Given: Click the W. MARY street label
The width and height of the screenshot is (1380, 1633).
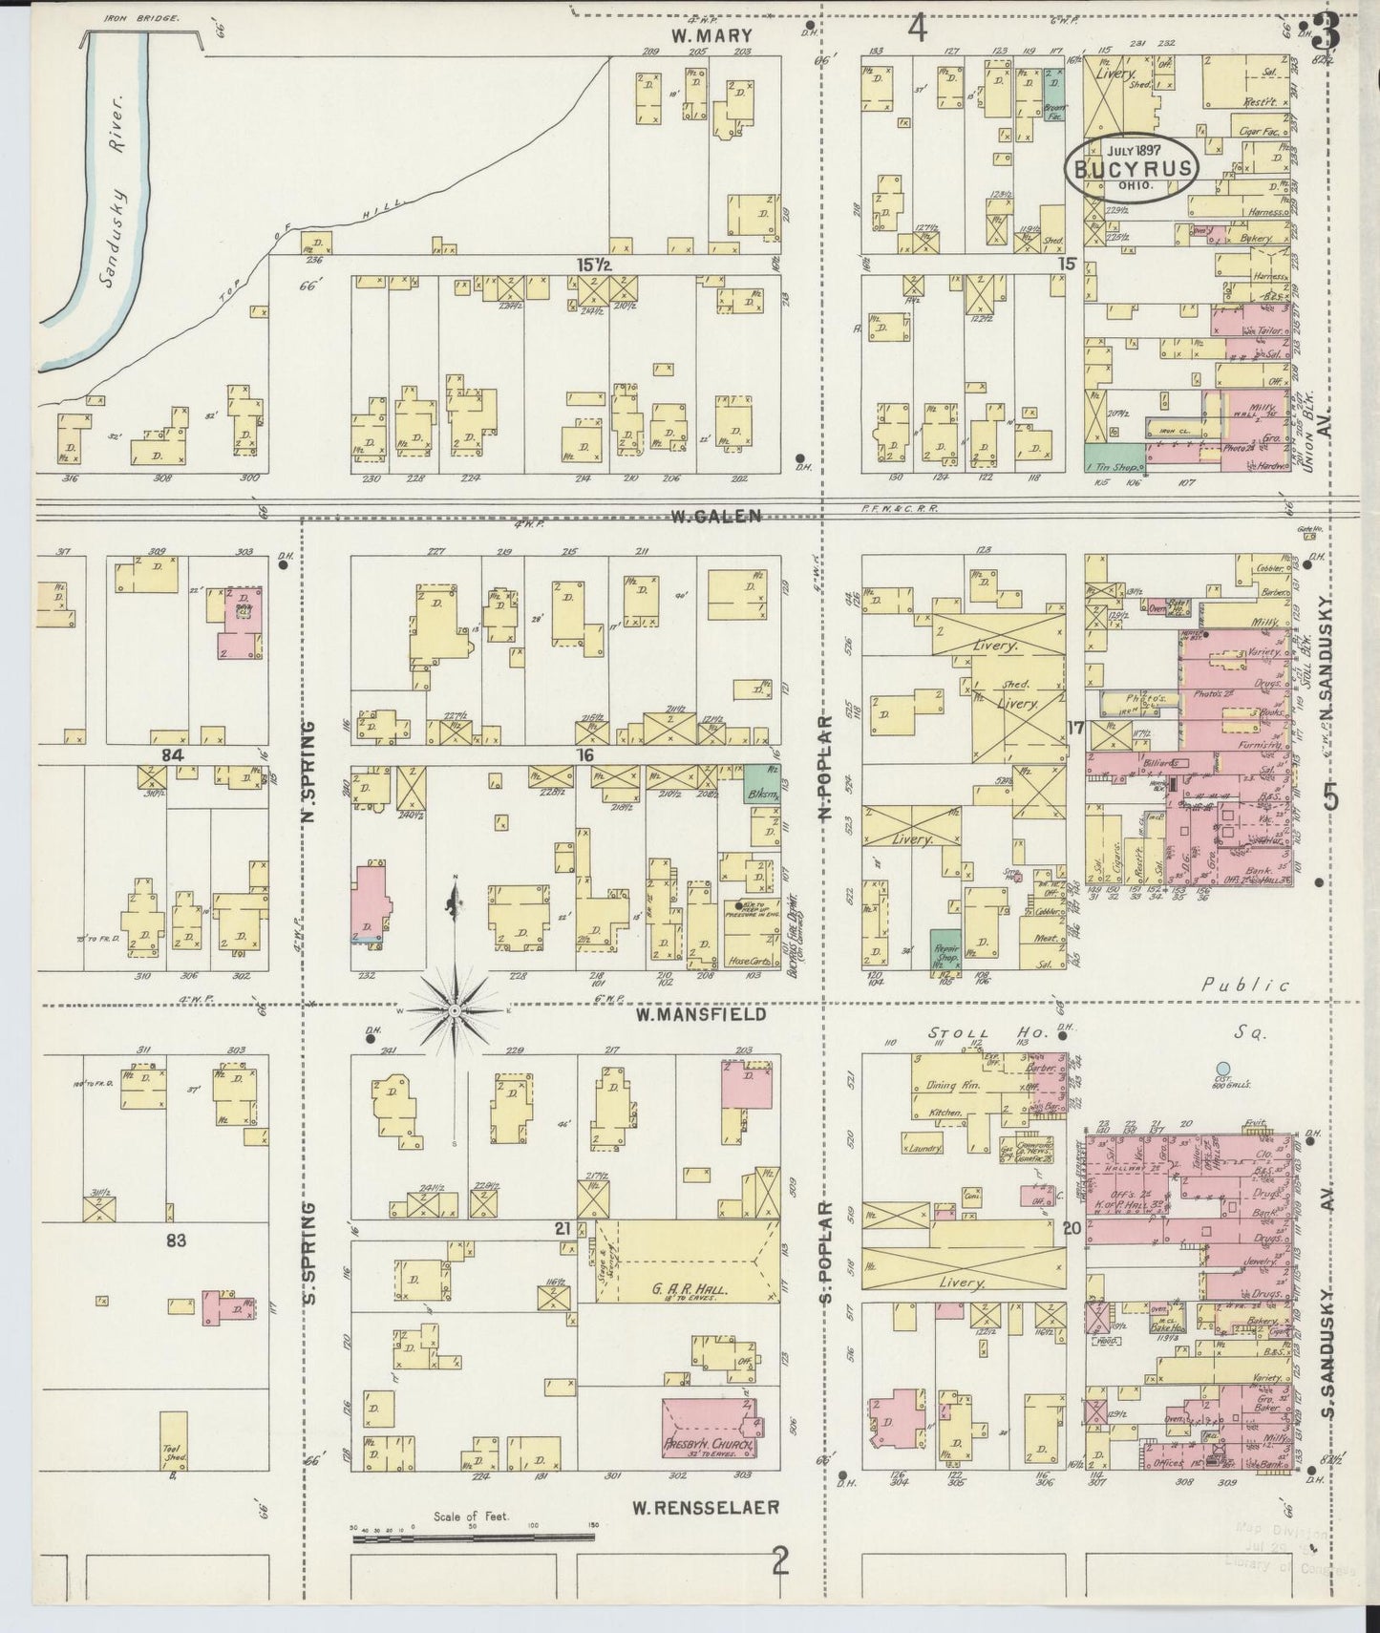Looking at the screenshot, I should [x=711, y=36].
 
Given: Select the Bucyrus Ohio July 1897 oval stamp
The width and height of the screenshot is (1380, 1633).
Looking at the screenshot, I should [x=1132, y=168].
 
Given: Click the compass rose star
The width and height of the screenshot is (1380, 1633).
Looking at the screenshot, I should [x=455, y=1009].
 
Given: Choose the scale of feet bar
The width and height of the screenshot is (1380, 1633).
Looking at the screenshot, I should [x=474, y=1538].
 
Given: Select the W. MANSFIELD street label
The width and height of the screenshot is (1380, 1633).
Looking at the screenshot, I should [x=701, y=1014].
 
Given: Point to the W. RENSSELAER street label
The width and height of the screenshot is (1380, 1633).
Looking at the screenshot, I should [x=706, y=1508].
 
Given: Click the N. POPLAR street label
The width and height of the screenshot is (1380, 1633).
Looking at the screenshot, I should [x=825, y=770].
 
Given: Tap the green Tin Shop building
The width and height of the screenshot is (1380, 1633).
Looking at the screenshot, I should [x=1115, y=456].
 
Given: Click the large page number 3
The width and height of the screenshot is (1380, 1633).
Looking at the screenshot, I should [x=1326, y=33].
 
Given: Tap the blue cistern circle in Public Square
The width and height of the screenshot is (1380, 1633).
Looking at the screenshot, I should [x=1221, y=1068].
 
